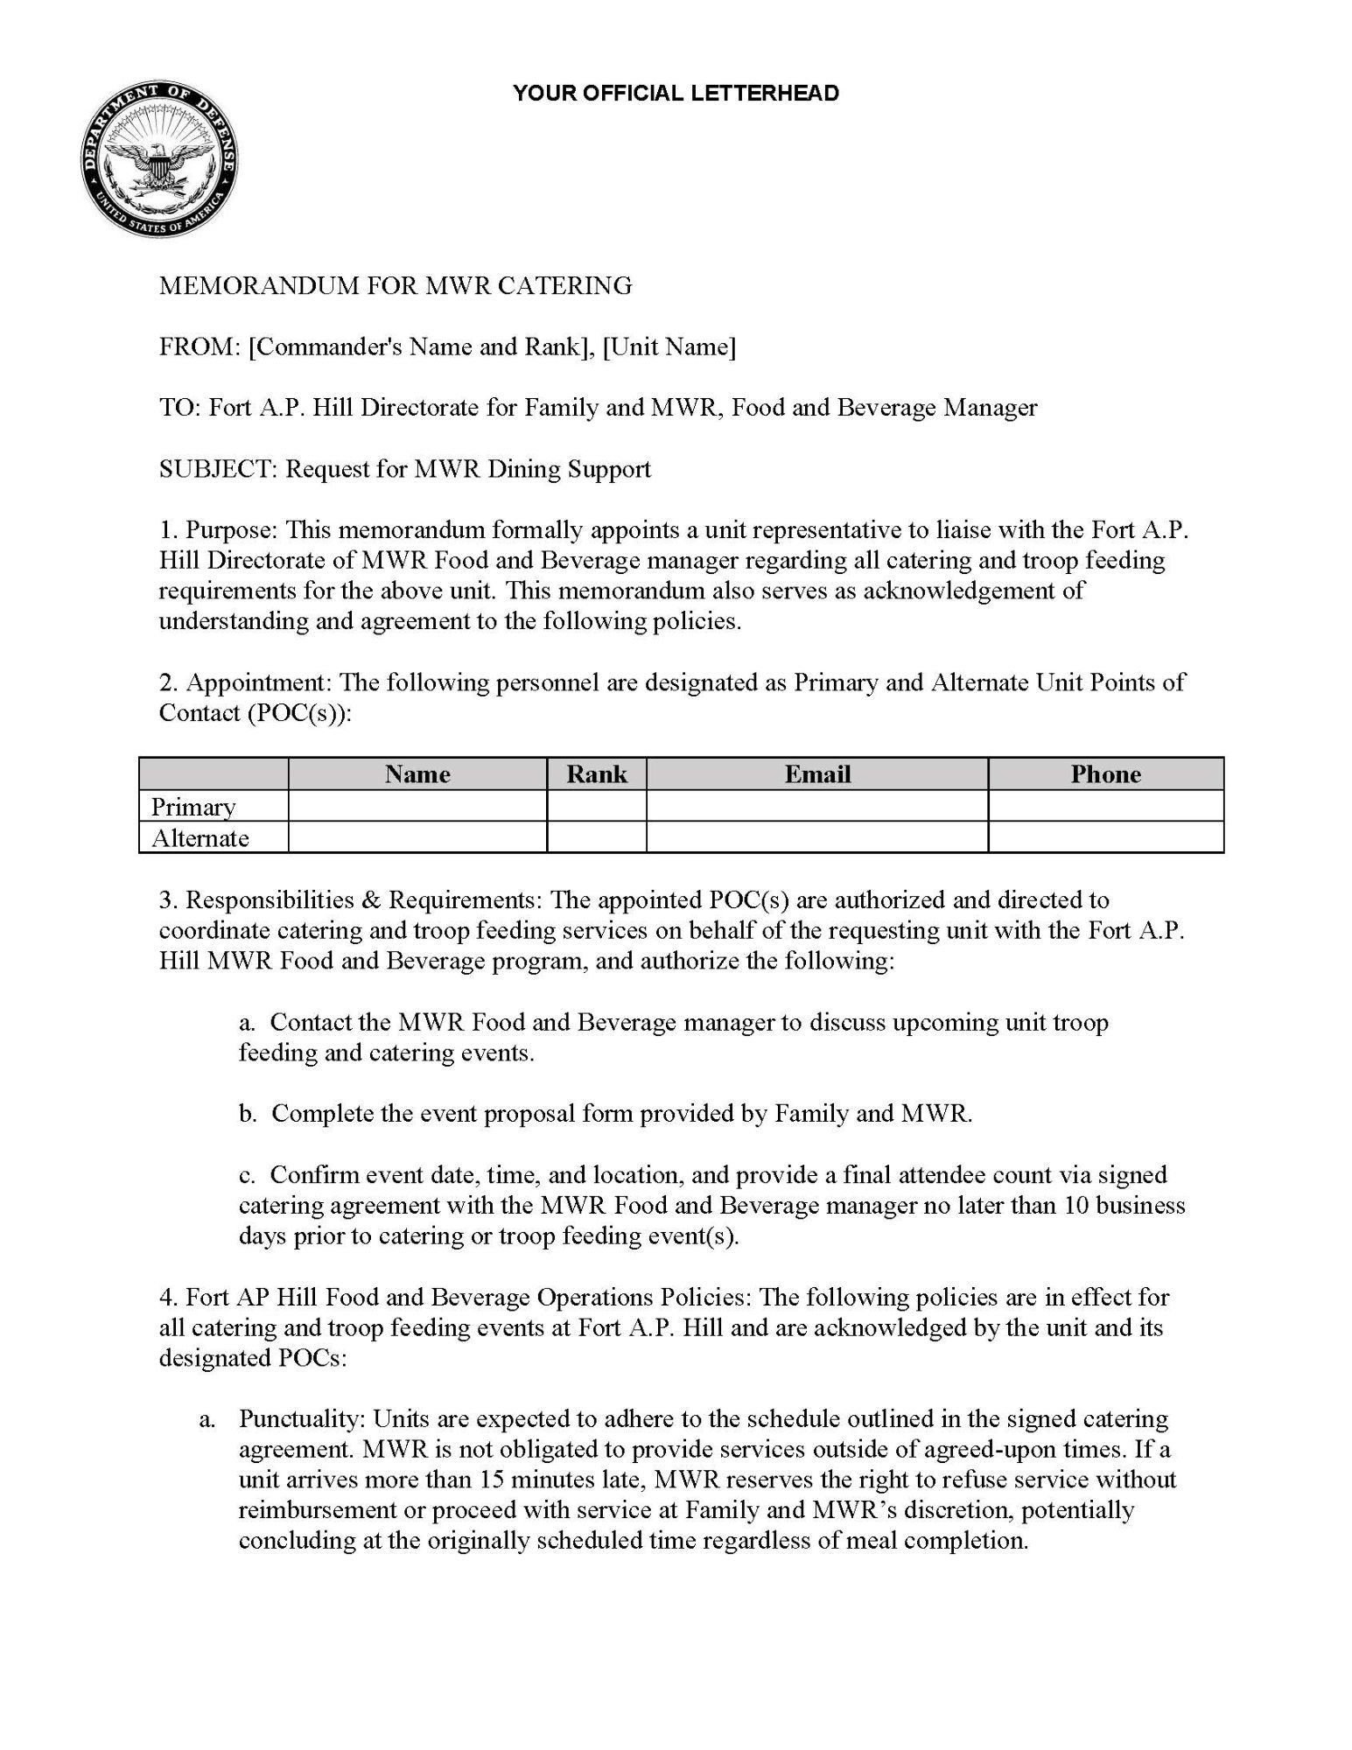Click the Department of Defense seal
click(x=158, y=163)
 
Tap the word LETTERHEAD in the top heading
click(x=765, y=94)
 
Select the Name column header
click(x=417, y=774)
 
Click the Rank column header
click(x=597, y=774)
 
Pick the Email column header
click(x=817, y=774)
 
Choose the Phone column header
click(x=1105, y=774)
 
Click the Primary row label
click(x=193, y=807)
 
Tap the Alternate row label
click(x=200, y=838)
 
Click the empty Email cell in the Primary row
click(x=817, y=806)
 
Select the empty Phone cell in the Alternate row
click(x=1105, y=837)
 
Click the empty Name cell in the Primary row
click(x=417, y=806)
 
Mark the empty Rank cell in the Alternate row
click(x=597, y=837)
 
